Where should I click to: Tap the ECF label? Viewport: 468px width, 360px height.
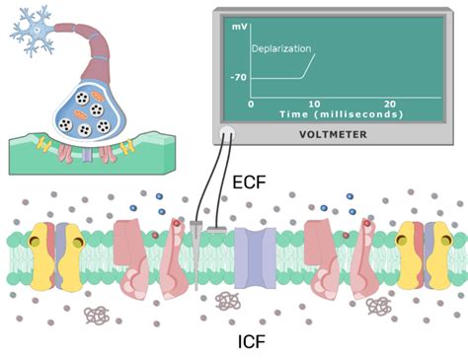click(248, 181)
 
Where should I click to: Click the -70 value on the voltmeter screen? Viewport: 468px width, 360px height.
click(238, 78)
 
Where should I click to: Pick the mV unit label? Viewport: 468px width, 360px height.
click(239, 27)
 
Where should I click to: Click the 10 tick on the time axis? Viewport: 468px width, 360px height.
click(315, 103)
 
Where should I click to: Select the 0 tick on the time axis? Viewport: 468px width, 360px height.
click(251, 103)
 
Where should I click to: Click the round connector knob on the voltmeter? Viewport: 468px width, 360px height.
click(228, 132)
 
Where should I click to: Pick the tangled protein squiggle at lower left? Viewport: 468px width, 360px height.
click(96, 315)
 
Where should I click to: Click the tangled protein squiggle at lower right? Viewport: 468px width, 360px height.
click(378, 307)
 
